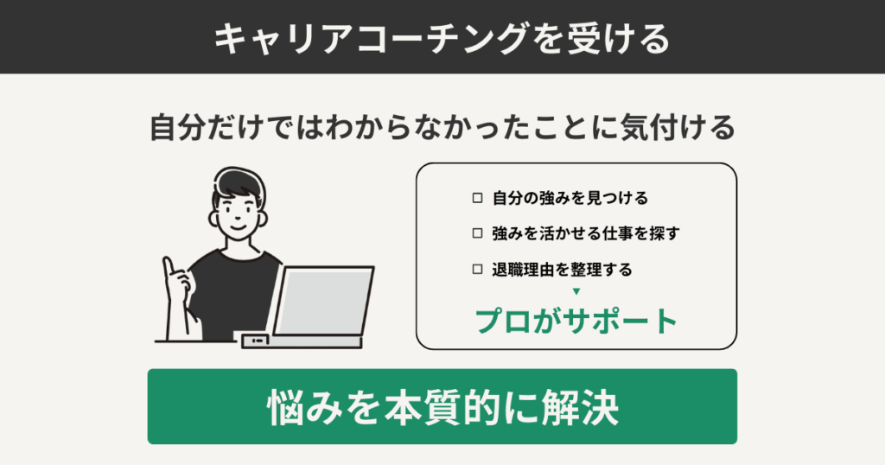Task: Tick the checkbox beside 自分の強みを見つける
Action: point(478,198)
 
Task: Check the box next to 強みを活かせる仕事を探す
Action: point(478,233)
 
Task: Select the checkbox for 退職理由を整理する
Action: point(478,270)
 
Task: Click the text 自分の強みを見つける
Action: point(570,198)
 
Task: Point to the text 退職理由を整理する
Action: point(562,270)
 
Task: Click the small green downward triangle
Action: point(576,291)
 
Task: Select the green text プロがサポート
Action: point(576,321)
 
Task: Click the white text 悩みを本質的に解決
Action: point(442,407)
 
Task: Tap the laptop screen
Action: point(322,298)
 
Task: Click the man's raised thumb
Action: point(170,267)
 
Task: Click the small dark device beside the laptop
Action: point(255,341)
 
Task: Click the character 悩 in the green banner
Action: point(284,407)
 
